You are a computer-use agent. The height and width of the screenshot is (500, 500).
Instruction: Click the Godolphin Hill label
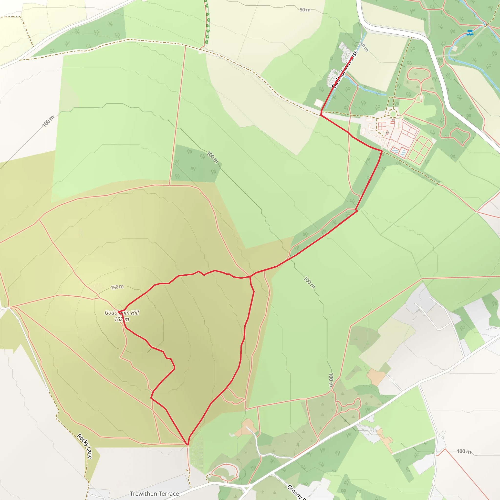[x=122, y=313]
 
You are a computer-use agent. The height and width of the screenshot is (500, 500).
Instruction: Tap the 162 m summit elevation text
[x=122, y=319]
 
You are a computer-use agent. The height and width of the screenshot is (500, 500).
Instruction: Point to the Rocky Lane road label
[x=85, y=446]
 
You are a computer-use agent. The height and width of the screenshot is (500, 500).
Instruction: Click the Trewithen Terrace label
[x=154, y=493]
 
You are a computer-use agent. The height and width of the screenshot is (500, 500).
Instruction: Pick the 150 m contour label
[x=117, y=287]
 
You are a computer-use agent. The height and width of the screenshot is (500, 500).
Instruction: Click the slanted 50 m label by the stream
[x=364, y=47]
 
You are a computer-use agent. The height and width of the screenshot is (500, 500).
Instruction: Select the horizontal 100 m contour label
[x=464, y=451]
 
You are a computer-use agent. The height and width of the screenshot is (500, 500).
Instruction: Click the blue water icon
[x=470, y=32]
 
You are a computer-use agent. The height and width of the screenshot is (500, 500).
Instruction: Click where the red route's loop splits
[x=250, y=277]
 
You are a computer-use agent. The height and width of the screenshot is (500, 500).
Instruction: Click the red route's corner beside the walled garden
[x=382, y=150]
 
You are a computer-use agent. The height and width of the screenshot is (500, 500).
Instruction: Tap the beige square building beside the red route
[x=319, y=103]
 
